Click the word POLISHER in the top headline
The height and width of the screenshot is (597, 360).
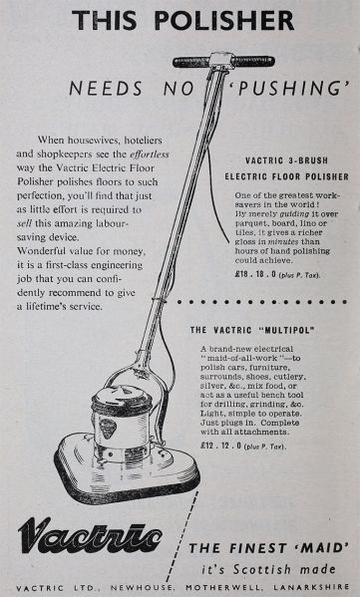tap(224, 20)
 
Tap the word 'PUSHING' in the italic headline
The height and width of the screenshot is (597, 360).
tap(289, 89)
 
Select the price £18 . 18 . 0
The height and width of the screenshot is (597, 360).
tap(255, 274)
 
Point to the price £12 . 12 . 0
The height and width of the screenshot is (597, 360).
tap(221, 446)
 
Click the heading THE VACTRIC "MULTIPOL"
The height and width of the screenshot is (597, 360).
tap(252, 330)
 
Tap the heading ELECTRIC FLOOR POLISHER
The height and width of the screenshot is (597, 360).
tap(286, 176)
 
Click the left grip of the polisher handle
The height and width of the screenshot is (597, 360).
tap(191, 62)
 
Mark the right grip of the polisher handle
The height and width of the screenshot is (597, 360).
tap(253, 61)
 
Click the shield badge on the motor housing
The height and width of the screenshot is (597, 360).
tap(109, 429)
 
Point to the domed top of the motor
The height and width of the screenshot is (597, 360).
tap(122, 396)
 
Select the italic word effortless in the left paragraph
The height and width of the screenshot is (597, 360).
tap(150, 154)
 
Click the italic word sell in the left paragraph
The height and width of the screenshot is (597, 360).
tap(24, 223)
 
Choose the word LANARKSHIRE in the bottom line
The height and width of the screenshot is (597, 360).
tap(311, 587)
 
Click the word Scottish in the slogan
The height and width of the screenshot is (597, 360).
tap(262, 569)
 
